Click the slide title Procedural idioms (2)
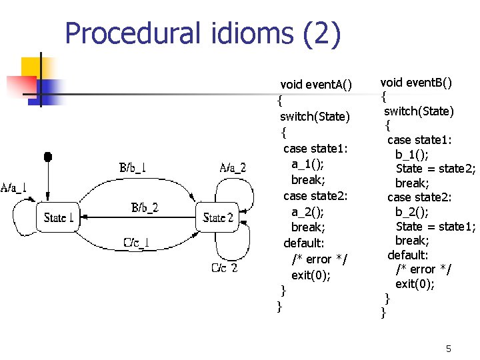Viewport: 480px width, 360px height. (203, 34)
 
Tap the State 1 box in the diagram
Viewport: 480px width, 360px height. (59, 217)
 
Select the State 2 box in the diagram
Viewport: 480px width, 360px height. (217, 217)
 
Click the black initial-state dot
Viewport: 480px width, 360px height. (48, 157)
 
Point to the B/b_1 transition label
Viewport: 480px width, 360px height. (133, 167)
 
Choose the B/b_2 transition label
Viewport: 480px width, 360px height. (145, 207)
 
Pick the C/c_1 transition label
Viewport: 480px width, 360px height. (137, 241)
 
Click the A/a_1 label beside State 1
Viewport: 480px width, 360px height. (14, 187)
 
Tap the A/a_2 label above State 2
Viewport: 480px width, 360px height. (233, 167)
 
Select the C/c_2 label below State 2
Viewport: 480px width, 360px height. (225, 269)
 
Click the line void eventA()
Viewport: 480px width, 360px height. (316, 85)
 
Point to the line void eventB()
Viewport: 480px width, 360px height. (416, 83)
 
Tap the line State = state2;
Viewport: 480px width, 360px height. (435, 169)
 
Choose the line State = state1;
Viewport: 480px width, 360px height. (435, 226)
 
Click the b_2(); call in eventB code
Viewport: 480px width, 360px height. (412, 211)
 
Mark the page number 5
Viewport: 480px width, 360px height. (449, 349)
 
